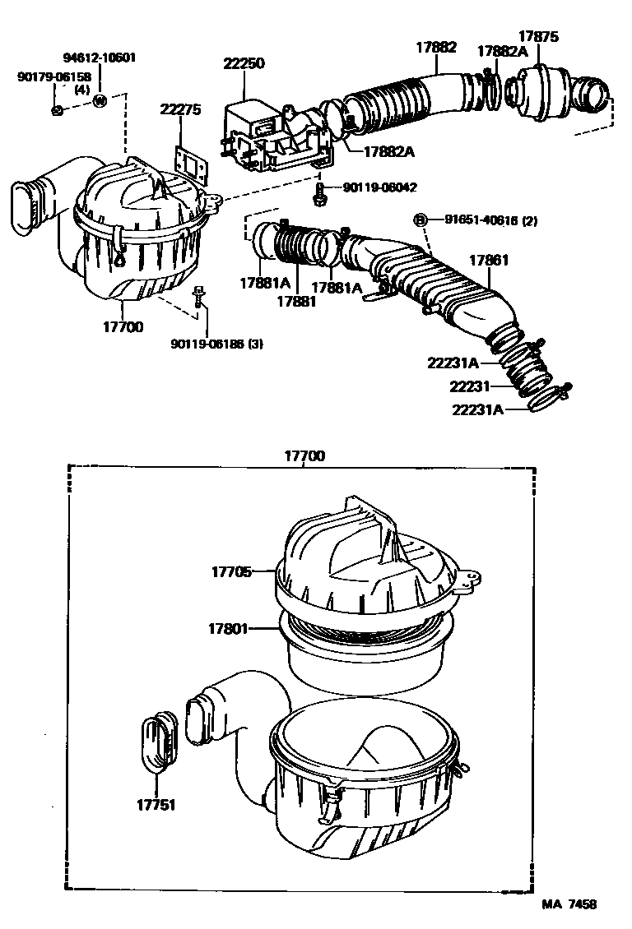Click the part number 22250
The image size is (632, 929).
245,63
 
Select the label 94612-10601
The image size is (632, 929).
100,58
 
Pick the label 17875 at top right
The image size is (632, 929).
538,36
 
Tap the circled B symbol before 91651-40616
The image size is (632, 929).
419,220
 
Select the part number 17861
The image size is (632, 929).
489,261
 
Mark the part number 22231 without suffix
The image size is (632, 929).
470,386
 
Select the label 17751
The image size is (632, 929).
156,805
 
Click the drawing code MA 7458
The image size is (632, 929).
568,904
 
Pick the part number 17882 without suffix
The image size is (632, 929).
435,47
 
